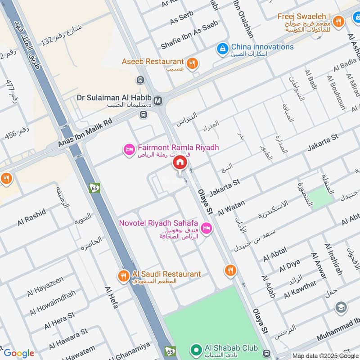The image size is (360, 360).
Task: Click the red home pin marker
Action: click(x=180, y=163)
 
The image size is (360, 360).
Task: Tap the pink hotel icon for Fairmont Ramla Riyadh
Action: click(x=129, y=149)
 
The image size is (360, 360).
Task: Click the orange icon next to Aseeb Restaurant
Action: click(x=192, y=63)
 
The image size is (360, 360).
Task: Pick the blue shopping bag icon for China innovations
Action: click(x=222, y=48)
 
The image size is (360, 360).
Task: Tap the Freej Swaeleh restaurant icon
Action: click(x=338, y=21)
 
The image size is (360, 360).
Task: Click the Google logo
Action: click(x=19, y=353)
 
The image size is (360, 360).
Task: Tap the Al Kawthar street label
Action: click(x=300, y=289)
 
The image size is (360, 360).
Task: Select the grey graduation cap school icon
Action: click(x=341, y=308)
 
